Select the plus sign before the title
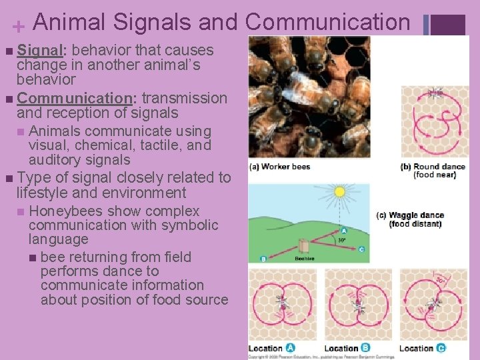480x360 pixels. tap(19, 26)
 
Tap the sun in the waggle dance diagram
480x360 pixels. tap(339, 193)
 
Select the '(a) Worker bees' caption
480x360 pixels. tap(280, 167)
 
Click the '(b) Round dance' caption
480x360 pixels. tap(429, 167)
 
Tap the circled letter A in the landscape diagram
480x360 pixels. tap(345, 231)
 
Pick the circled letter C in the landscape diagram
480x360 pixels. tap(361, 249)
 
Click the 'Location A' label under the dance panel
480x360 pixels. tap(272, 348)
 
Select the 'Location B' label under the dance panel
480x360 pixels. tap(347, 348)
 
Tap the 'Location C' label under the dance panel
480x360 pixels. tap(423, 348)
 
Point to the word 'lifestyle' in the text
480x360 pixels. tap(46, 193)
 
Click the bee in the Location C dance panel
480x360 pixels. tap(435, 305)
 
